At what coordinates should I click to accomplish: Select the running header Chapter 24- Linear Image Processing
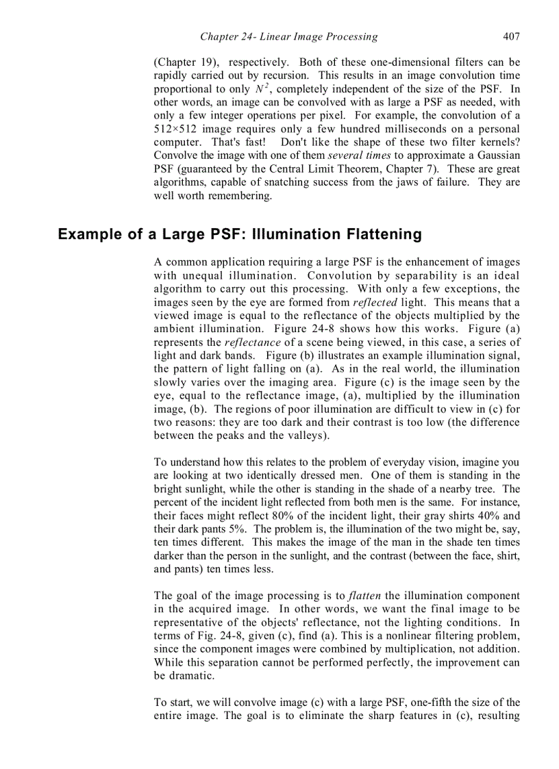(x=288, y=36)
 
